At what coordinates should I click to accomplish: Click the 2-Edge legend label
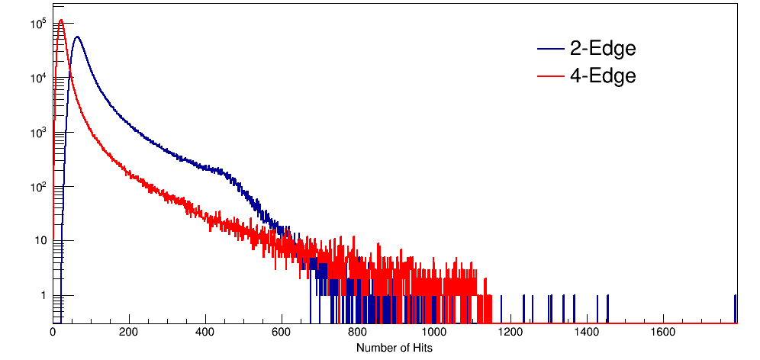(602, 49)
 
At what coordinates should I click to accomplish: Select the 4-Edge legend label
(602, 76)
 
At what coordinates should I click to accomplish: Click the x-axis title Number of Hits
(394, 348)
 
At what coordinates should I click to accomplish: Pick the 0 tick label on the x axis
(53, 333)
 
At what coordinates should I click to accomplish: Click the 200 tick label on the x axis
(129, 333)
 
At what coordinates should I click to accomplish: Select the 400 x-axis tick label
(205, 333)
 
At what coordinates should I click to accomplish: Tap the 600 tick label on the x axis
(282, 333)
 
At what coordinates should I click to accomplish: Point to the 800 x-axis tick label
(358, 333)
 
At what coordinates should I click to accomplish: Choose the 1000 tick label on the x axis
(434, 333)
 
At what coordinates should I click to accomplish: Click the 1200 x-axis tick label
(510, 333)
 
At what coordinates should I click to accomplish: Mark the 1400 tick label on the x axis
(587, 333)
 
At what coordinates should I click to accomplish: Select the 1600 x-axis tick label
(663, 333)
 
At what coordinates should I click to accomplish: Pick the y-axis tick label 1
(44, 296)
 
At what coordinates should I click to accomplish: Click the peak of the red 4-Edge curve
(61, 20)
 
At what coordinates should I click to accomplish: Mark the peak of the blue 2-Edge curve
(76, 37)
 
